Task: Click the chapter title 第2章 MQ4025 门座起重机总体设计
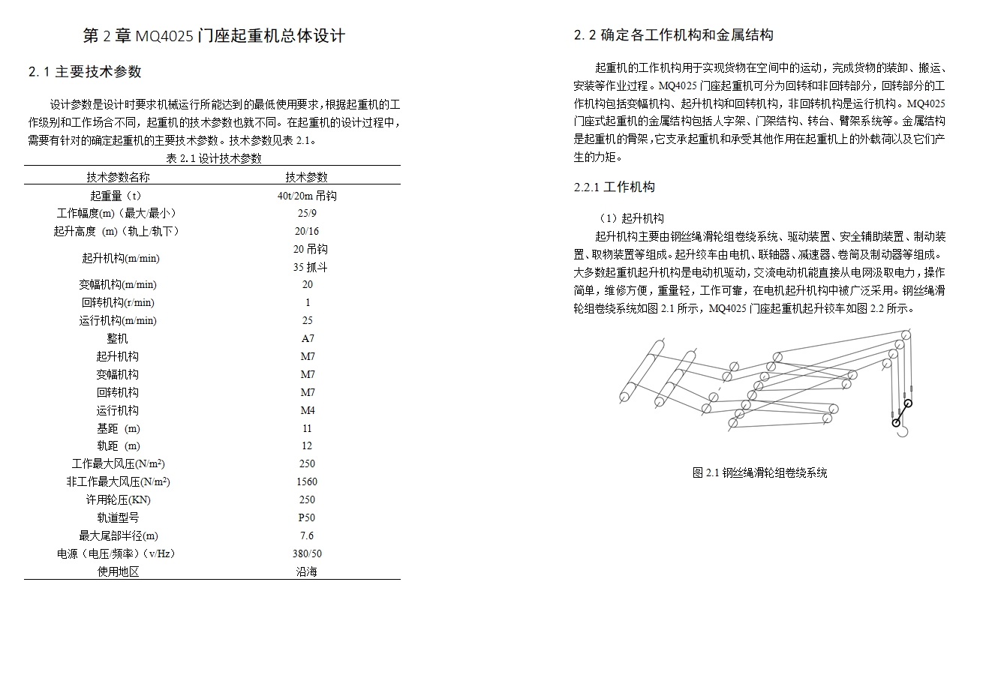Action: click(x=214, y=36)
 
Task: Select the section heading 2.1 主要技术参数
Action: click(x=85, y=72)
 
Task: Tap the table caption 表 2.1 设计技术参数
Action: click(x=214, y=158)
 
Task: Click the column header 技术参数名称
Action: click(x=118, y=177)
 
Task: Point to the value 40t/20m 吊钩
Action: click(x=307, y=196)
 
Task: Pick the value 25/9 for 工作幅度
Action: click(x=307, y=213)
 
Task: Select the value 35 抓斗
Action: click(x=310, y=267)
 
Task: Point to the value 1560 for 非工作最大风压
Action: click(x=307, y=481)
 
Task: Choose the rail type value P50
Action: click(x=307, y=517)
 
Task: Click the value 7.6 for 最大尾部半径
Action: click(x=307, y=535)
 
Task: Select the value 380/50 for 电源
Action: click(x=307, y=553)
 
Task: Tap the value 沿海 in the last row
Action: click(x=307, y=571)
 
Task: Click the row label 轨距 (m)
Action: click(x=118, y=446)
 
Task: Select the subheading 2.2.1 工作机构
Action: click(x=614, y=187)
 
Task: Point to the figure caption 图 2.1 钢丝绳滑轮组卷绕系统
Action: click(x=759, y=473)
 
